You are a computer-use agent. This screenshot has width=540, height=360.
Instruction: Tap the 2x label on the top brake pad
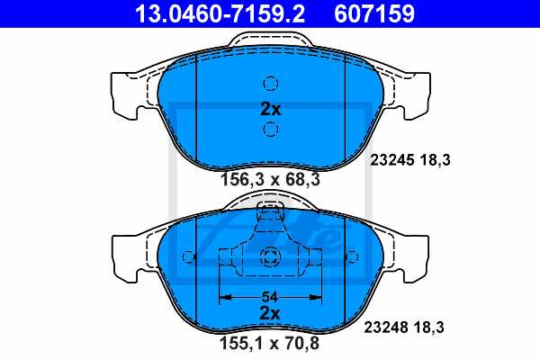click(x=270, y=110)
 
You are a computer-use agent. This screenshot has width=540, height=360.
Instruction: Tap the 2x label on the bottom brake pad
click(x=270, y=313)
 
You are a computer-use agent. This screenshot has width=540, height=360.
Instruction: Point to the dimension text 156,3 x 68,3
click(x=270, y=179)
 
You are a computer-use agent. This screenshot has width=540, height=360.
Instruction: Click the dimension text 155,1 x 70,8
click(x=270, y=342)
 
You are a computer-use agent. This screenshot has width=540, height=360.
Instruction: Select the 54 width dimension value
click(x=270, y=295)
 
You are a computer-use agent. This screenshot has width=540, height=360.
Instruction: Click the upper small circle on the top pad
click(x=270, y=85)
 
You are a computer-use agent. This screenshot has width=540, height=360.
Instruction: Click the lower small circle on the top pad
click(x=270, y=131)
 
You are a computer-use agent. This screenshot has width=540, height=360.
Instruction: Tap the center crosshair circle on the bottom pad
click(x=270, y=259)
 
